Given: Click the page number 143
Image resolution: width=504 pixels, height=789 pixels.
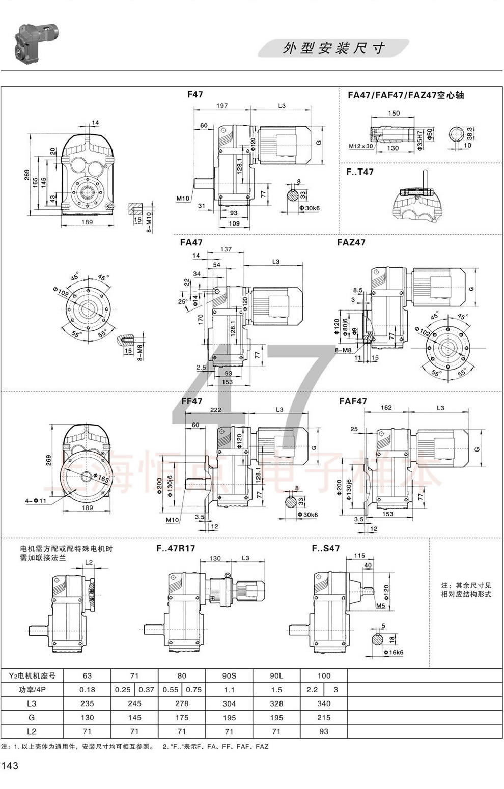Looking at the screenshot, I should [10, 765].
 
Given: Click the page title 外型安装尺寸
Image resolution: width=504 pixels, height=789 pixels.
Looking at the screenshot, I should [333, 48].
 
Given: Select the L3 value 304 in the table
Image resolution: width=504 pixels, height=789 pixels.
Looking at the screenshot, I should [229, 703].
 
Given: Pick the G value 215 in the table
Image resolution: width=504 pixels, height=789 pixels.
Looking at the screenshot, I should [324, 717].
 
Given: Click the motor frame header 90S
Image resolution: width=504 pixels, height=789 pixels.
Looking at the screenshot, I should [229, 676].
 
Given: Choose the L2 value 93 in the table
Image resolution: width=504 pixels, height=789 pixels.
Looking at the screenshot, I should [324, 731].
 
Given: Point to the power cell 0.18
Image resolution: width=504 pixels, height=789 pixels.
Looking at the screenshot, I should [87, 690].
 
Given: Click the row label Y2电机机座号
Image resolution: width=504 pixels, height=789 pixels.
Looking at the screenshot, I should [32, 676].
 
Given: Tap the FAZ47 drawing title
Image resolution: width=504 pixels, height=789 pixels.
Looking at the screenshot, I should [351, 242].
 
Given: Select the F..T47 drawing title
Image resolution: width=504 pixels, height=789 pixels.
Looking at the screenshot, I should [359, 172].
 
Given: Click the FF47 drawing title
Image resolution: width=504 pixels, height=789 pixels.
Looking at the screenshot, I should [191, 401].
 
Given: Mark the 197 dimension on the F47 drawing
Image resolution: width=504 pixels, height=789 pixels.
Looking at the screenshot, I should [222, 106].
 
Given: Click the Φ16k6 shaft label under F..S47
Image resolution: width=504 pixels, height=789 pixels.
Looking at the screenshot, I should [393, 652].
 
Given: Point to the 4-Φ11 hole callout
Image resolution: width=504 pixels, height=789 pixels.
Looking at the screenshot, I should [36, 501].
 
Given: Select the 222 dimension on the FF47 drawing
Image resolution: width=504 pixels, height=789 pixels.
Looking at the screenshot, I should [215, 410].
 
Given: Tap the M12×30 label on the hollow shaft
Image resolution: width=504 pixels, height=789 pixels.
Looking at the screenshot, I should [361, 146].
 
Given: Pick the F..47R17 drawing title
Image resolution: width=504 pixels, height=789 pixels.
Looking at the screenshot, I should [175, 548].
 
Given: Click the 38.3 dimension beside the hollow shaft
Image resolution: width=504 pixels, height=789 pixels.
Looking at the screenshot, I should [469, 133].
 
